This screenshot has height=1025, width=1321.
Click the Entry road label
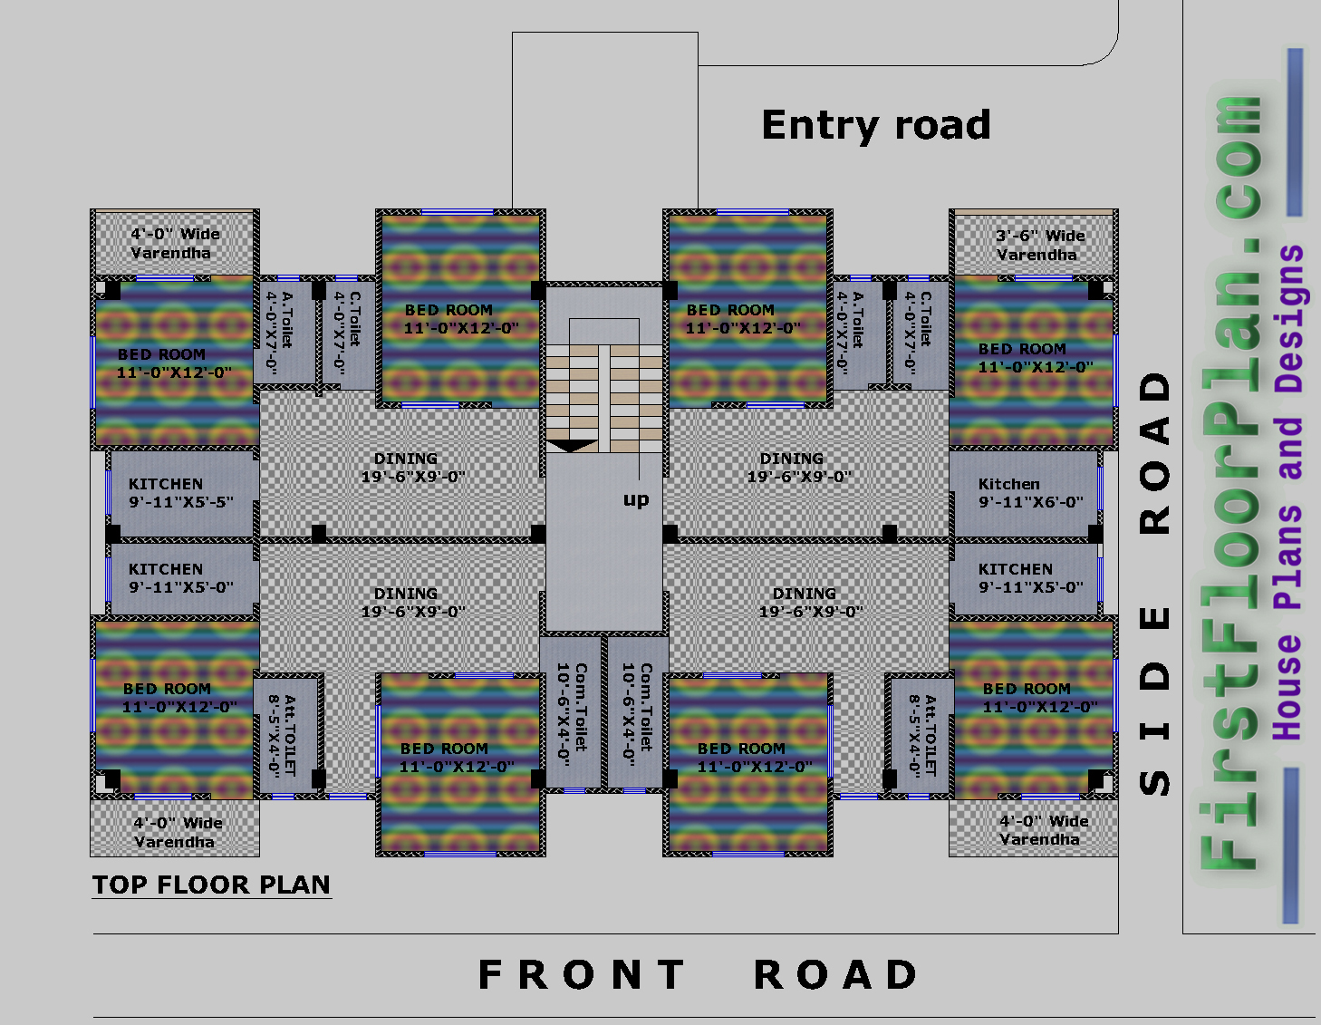pos(875,125)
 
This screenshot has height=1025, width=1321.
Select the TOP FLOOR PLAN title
pos(211,885)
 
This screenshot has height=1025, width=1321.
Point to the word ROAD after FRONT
pos(835,975)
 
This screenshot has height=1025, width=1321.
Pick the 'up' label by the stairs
pos(636,499)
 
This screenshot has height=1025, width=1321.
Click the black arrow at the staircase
pos(571,445)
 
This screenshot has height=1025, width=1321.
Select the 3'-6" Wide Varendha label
pos(1039,245)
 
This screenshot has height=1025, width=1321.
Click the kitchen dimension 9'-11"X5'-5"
pos(180,502)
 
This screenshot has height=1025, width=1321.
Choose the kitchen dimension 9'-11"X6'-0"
pos(1031,502)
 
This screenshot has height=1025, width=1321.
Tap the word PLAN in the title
pos(294,885)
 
